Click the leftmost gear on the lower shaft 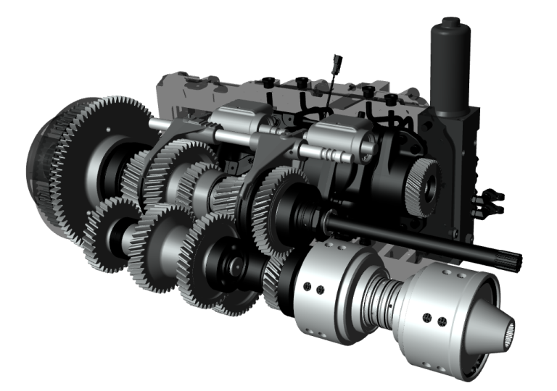click(x=109, y=232)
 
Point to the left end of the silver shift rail click(x=155, y=124)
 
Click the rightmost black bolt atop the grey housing click(x=391, y=98)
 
